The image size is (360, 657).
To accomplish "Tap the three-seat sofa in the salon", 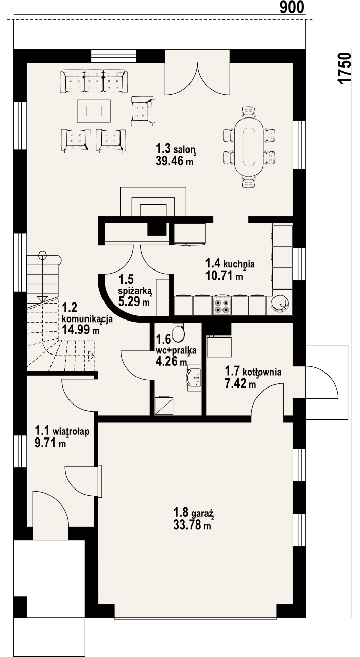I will click(93, 82).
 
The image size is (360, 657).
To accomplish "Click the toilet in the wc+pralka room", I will click(178, 333).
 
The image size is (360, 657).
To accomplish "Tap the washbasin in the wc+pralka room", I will click(195, 377).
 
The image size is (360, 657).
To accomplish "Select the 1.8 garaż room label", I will click(193, 513).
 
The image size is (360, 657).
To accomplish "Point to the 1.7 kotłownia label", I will click(252, 372).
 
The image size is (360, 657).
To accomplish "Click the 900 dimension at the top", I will click(292, 7).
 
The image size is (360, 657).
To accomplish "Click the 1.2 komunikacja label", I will click(87, 314).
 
